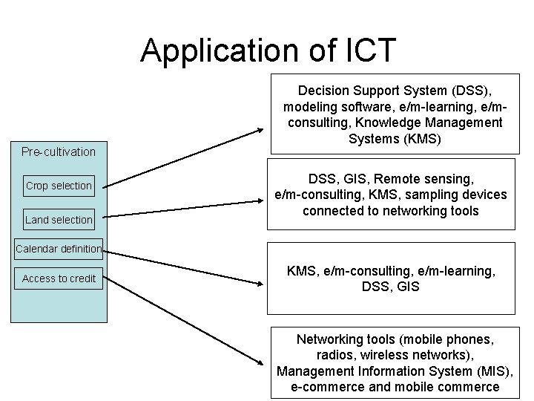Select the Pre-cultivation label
[59, 151]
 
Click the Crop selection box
[59, 186]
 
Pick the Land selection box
[59, 219]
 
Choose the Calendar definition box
[59, 249]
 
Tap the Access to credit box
[59, 278]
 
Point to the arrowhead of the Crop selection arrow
[260, 129]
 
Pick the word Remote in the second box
[395, 179]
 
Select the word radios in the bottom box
[334, 355]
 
